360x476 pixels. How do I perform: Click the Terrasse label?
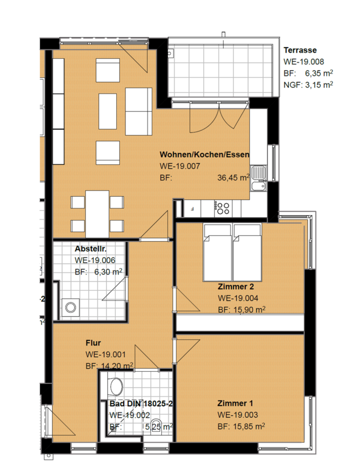(300, 50)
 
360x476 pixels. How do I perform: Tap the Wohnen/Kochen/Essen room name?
(205, 154)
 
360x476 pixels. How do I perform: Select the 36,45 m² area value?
(233, 178)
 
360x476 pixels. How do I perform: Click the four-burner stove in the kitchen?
(223, 208)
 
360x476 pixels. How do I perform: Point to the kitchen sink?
(259, 178)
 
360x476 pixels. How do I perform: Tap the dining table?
(97, 214)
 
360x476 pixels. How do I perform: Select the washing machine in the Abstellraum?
(71, 307)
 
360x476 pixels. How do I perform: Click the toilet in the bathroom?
(116, 387)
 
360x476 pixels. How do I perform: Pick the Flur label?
(93, 343)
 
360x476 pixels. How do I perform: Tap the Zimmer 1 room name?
(235, 404)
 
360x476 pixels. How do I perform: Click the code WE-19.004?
(238, 298)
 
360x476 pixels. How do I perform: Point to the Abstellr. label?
(90, 249)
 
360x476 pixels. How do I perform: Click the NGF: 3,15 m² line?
(308, 85)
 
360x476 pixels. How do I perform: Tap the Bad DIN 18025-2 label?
(141, 404)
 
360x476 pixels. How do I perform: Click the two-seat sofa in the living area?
(139, 112)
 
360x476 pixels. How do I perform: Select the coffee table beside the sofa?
(108, 112)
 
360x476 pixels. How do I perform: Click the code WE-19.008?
(303, 62)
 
